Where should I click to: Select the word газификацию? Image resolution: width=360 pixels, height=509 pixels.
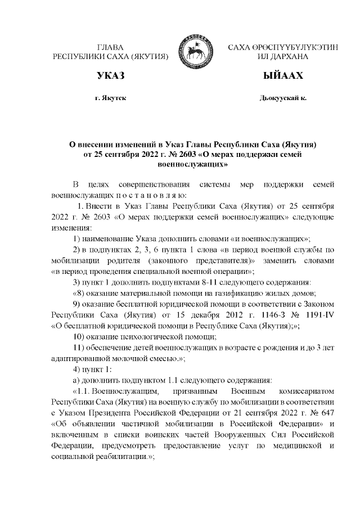point(238,293)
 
